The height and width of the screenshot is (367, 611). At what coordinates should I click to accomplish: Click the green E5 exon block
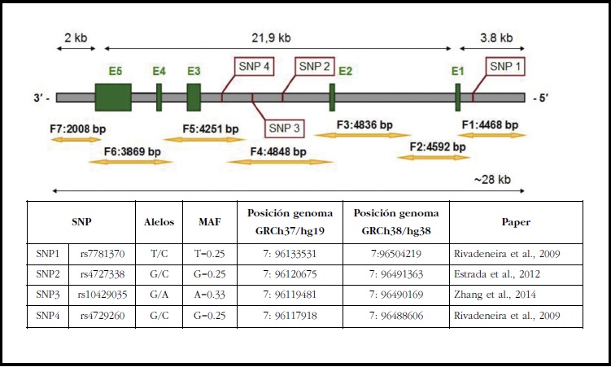pyautogui.click(x=113, y=97)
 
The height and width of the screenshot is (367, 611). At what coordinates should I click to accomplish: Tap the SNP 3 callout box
pyautogui.click(x=285, y=128)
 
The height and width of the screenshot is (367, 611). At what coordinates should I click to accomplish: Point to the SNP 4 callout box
pyautogui.click(x=255, y=67)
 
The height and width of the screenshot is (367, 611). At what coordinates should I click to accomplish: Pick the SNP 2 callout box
pyautogui.click(x=313, y=67)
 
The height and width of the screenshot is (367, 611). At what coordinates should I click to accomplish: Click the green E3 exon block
pyautogui.click(x=194, y=97)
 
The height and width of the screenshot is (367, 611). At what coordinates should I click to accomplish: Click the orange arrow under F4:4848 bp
pyautogui.click(x=268, y=162)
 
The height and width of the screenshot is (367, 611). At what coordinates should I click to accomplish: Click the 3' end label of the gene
pyautogui.click(x=42, y=98)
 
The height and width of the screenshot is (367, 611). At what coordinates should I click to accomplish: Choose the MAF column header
pyautogui.click(x=209, y=221)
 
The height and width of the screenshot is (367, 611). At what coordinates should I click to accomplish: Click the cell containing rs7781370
pyautogui.click(x=103, y=254)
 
